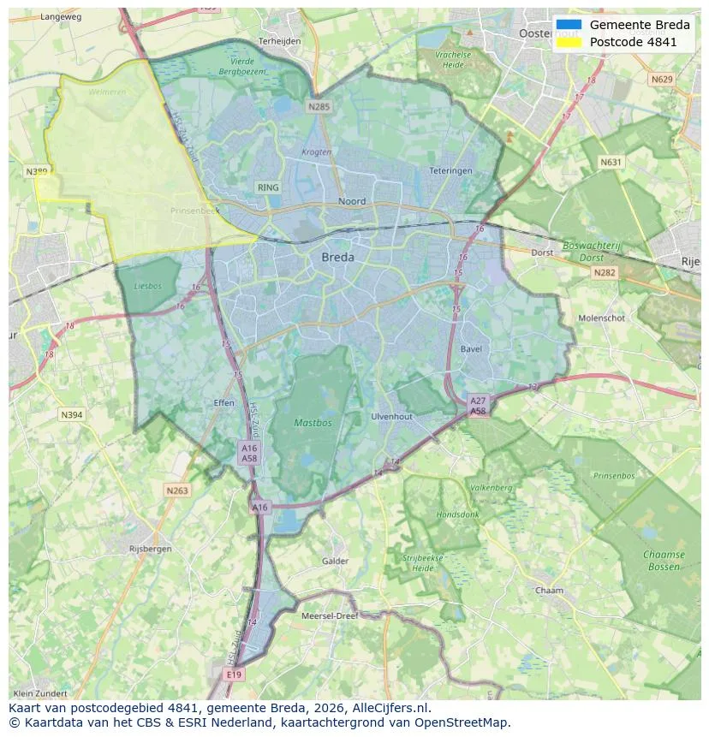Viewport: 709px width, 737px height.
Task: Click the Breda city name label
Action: [337, 257]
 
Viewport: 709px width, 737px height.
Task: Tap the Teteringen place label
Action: [450, 171]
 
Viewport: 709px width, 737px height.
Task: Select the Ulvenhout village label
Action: [391, 416]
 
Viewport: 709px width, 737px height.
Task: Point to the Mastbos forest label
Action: [313, 423]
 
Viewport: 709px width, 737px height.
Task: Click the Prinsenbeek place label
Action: [195, 210]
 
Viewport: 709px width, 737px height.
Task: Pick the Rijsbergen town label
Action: [150, 549]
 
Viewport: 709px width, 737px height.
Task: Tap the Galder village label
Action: [335, 562]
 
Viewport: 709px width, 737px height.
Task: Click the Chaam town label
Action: [549, 591]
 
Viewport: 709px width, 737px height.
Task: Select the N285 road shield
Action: [319, 107]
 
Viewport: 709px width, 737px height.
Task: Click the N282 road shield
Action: [605, 272]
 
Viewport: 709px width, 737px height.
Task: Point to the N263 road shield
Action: [176, 490]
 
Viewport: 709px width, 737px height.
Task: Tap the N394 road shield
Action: [72, 415]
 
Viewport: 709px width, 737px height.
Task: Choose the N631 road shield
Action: [611, 162]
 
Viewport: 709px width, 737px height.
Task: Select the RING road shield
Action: [268, 187]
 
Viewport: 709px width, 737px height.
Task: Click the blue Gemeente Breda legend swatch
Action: [568, 25]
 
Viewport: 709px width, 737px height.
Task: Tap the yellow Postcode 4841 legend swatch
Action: [568, 42]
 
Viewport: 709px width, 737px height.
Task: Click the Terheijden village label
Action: [279, 40]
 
